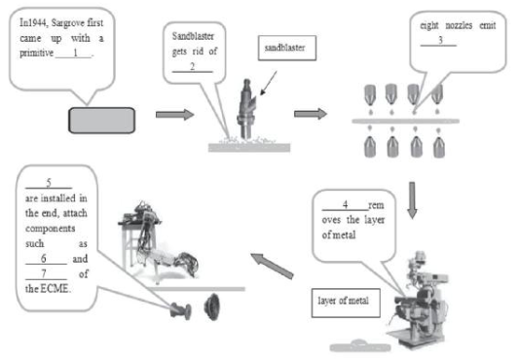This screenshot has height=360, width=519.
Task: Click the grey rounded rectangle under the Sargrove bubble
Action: click(101, 120)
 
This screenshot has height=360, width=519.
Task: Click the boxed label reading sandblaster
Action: click(287, 48)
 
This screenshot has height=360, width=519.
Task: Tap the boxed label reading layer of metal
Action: click(346, 303)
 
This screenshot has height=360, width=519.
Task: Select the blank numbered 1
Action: click(73, 54)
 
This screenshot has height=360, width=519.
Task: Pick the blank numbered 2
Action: click(192, 67)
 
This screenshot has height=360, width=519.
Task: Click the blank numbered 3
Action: click(438, 41)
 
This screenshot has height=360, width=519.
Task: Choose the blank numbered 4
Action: click(345, 205)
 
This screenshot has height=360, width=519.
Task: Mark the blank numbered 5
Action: click(49, 183)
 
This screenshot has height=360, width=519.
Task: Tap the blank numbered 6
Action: click(46, 259)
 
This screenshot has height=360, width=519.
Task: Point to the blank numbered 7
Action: click(46, 274)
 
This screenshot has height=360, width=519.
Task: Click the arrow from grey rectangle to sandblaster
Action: click(174, 115)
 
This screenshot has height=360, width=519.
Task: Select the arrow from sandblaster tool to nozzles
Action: click(311, 114)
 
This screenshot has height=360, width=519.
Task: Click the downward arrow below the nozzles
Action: click(412, 200)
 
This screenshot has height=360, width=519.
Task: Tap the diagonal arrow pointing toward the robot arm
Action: click(272, 266)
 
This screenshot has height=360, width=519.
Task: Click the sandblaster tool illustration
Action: click(246, 109)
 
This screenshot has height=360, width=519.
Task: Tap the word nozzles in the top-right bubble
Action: click(459, 25)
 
